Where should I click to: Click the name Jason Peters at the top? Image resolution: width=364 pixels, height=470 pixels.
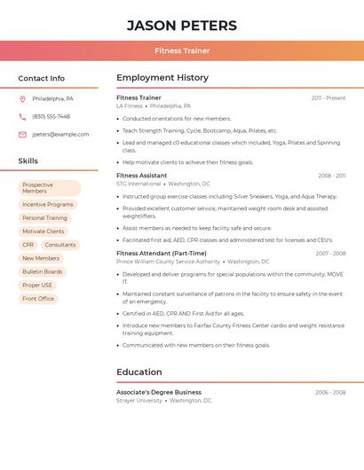(x=182, y=26)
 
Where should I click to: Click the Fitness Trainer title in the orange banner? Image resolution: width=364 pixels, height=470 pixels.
(x=182, y=51)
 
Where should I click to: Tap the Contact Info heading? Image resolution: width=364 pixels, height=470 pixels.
(x=42, y=79)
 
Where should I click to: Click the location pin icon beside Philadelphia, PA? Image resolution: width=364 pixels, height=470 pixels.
(x=22, y=98)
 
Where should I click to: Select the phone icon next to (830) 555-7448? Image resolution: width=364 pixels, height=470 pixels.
(x=22, y=116)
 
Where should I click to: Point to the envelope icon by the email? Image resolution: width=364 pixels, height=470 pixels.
(x=22, y=135)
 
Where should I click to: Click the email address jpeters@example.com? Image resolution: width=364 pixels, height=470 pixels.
(x=60, y=135)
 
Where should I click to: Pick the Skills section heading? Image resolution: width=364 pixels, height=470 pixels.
(x=28, y=161)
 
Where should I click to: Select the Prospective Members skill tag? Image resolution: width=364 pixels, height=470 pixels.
(x=49, y=188)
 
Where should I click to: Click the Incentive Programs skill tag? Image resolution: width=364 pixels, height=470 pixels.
(x=48, y=205)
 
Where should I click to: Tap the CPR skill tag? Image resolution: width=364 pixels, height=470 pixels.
(x=28, y=245)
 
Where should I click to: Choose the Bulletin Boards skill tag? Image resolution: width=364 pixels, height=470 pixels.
(x=43, y=271)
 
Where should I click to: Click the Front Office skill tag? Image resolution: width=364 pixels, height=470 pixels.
(x=38, y=299)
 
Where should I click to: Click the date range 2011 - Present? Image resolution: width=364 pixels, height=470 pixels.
(x=328, y=98)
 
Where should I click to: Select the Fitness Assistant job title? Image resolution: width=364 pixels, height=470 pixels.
(x=141, y=176)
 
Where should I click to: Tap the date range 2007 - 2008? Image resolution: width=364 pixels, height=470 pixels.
(x=330, y=254)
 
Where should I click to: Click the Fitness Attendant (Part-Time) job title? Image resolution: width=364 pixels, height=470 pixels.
(x=161, y=254)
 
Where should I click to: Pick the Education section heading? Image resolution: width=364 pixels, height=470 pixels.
(x=139, y=372)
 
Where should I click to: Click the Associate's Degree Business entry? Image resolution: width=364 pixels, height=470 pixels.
(x=159, y=392)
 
